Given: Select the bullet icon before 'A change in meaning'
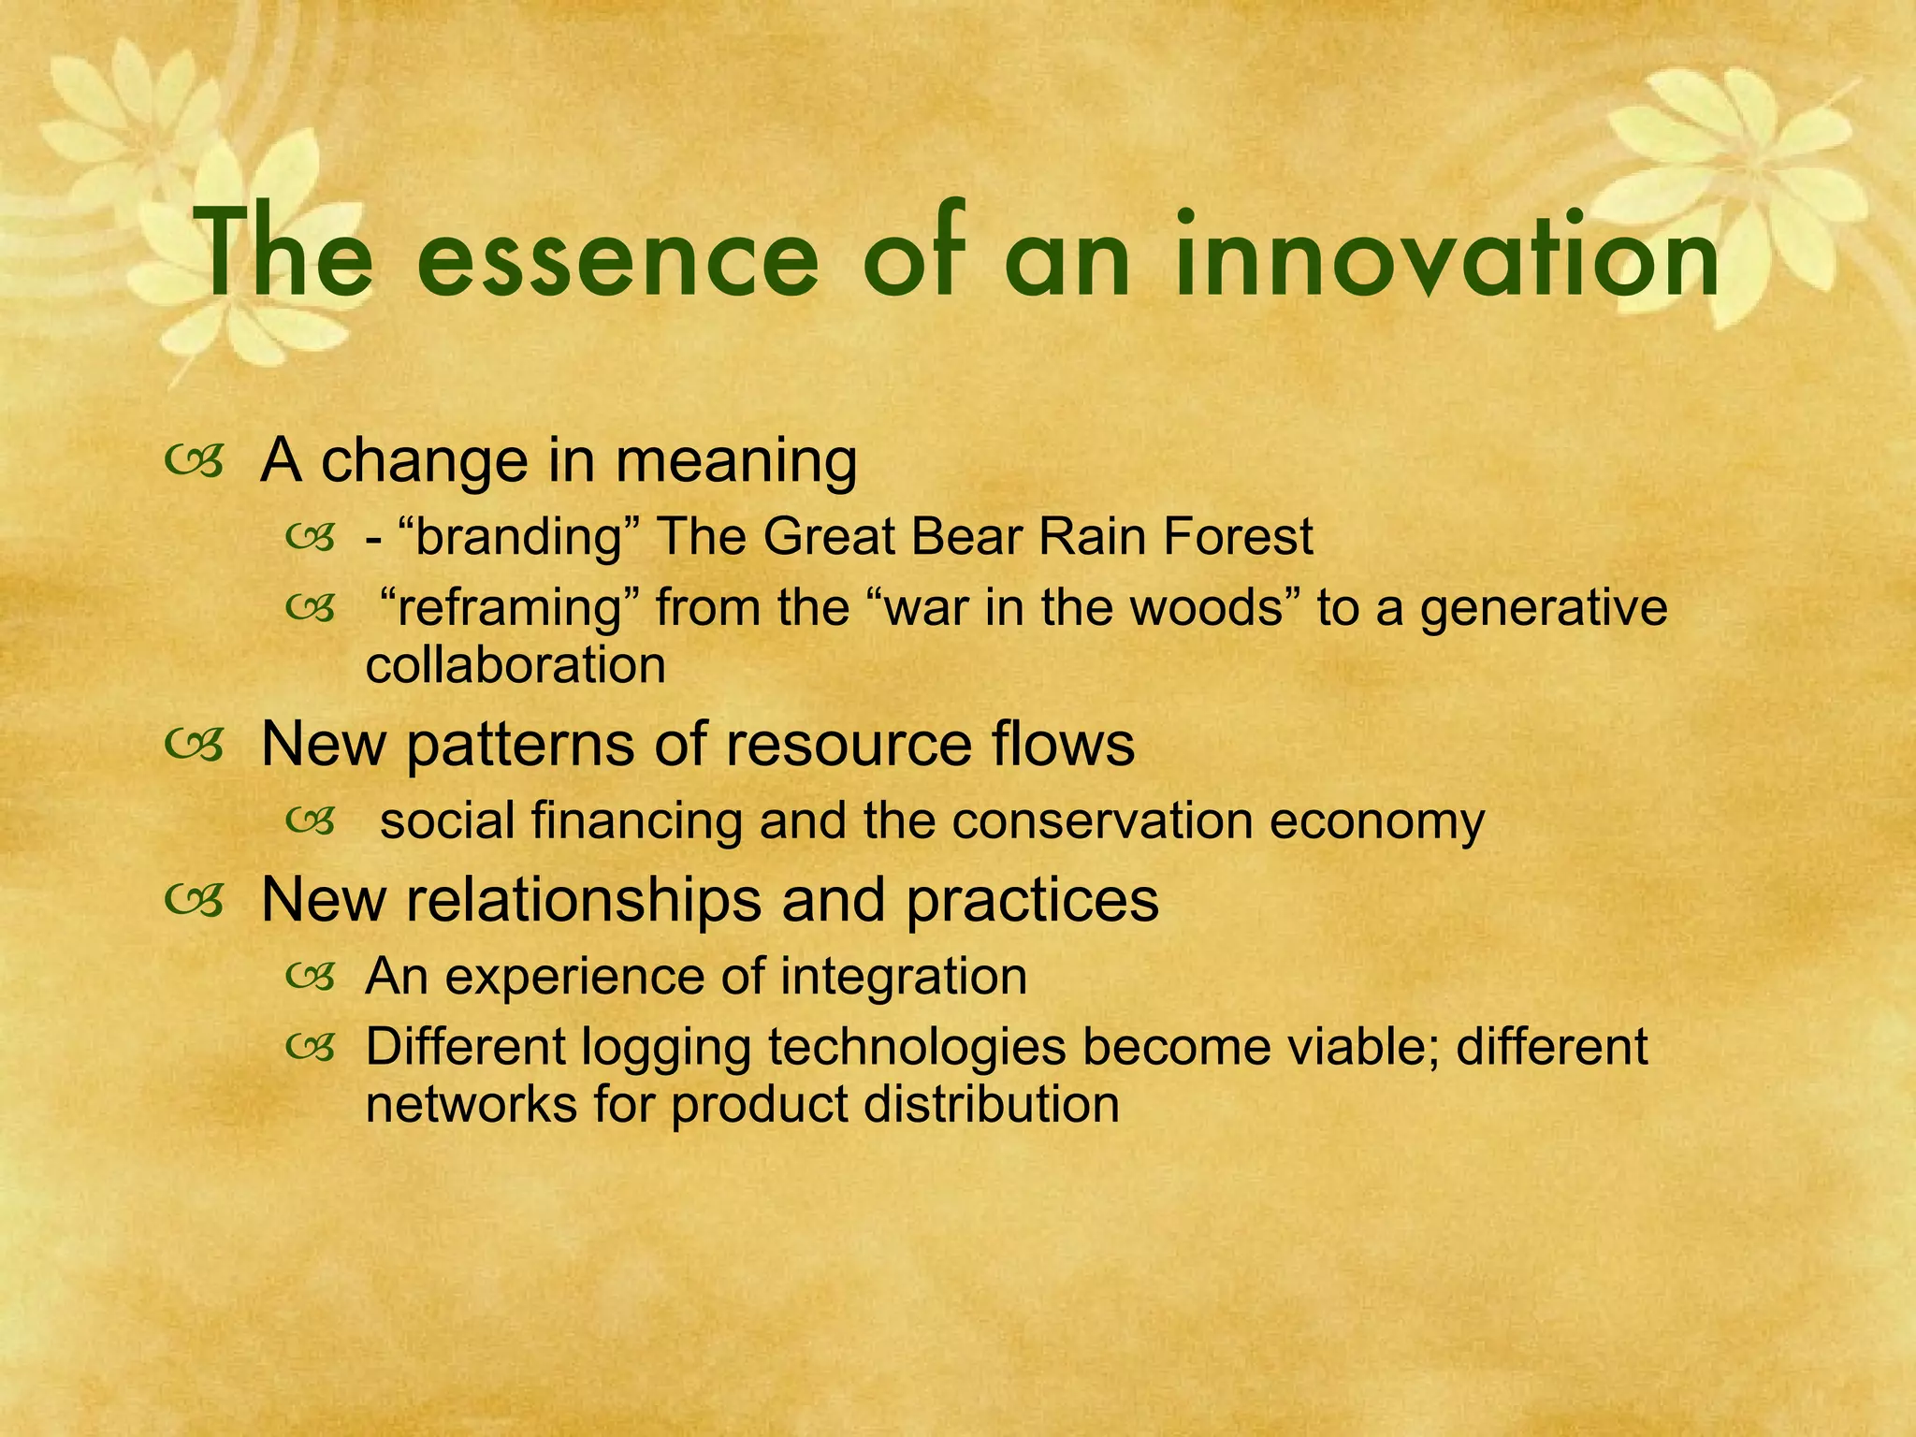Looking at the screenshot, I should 193,460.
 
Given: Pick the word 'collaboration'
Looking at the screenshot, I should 515,665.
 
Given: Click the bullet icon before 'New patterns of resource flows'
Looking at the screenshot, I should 193,745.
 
